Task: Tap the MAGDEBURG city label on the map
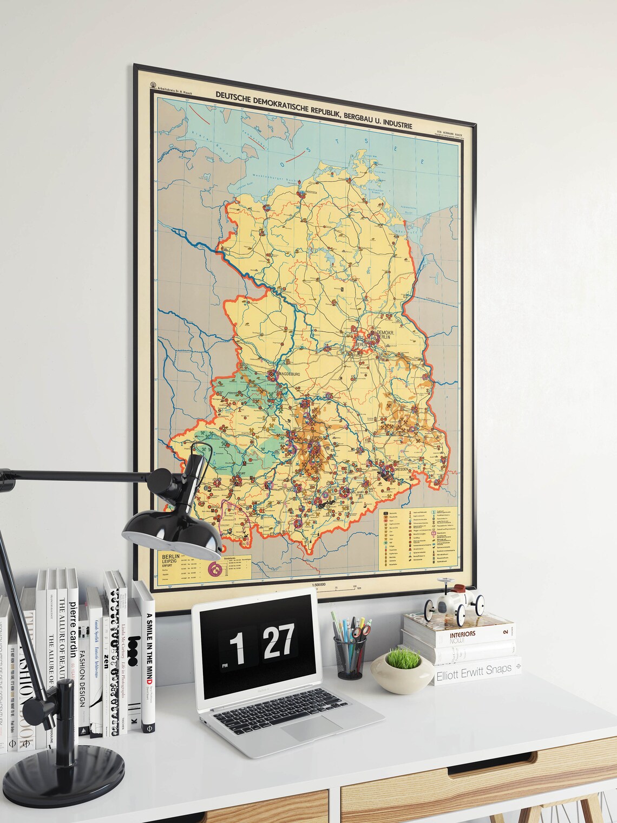tap(292, 373)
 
